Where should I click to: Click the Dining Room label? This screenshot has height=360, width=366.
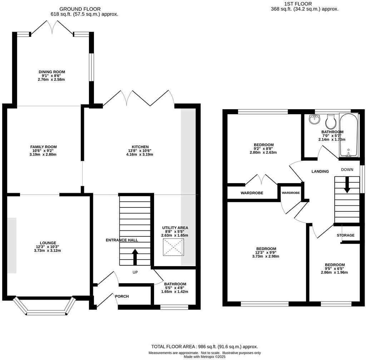click(x=52, y=72)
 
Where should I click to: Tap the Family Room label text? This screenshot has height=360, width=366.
click(x=43, y=147)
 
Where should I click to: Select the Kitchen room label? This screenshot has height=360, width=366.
click(x=140, y=147)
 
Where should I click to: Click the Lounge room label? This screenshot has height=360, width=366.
click(x=48, y=243)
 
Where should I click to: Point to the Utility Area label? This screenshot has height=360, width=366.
click(x=175, y=227)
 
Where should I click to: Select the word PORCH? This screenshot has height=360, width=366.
click(x=122, y=296)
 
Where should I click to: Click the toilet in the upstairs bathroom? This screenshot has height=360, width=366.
click(x=331, y=122)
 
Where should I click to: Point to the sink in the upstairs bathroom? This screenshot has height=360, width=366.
click(x=315, y=120)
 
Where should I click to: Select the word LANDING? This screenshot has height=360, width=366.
click(x=320, y=171)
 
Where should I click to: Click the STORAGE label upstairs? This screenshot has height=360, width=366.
click(x=346, y=235)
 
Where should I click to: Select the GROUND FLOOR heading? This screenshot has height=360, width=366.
click(x=80, y=9)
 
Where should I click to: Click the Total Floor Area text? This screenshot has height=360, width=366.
click(x=204, y=346)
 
